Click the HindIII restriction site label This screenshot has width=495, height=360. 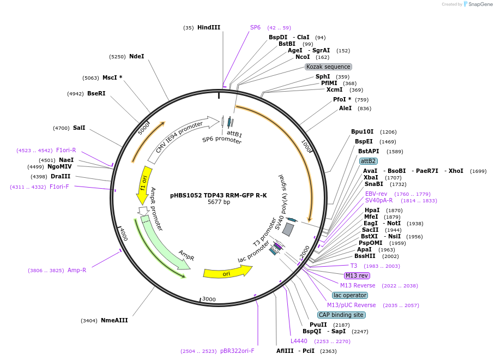pyautogui.click(x=209, y=27)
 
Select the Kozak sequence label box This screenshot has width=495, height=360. pyautogui.click(x=328, y=67)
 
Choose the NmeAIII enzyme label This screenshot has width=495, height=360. pyautogui.click(x=114, y=320)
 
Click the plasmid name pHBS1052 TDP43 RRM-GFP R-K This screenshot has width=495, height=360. pyautogui.click(x=218, y=195)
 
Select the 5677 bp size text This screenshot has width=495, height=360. pyautogui.click(x=219, y=202)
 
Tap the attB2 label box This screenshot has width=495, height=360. pyautogui.click(x=368, y=161)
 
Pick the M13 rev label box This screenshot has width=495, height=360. pyautogui.click(x=357, y=275)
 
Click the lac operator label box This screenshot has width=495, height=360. pyautogui.click(x=350, y=295)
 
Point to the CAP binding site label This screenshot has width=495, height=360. pyautogui.click(x=341, y=315)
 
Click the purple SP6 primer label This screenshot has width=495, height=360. pyautogui.click(x=255, y=27)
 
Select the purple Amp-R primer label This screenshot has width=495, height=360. pyautogui.click(x=77, y=270)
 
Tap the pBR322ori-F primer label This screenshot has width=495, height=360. pyautogui.click(x=237, y=351)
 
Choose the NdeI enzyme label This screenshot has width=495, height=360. pyautogui.click(x=136, y=56)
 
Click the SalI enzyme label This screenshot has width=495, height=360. pyautogui.click(x=79, y=128)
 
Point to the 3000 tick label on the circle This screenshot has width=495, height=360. pyautogui.click(x=209, y=299)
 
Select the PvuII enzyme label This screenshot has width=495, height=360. pyautogui.click(x=318, y=325)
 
